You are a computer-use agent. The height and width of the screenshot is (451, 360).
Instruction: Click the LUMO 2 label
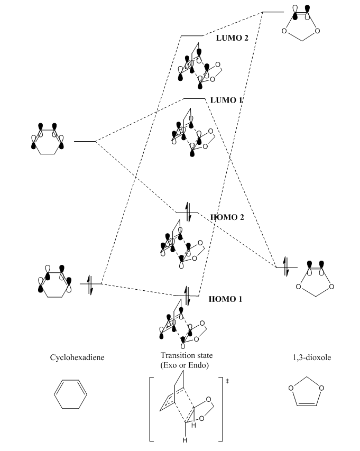(x=232, y=38)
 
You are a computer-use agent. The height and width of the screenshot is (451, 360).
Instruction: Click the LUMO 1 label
(x=226, y=100)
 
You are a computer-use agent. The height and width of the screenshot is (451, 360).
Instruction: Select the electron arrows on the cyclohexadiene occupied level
(x=90, y=284)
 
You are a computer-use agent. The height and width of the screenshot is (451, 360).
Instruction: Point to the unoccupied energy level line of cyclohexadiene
(x=85, y=141)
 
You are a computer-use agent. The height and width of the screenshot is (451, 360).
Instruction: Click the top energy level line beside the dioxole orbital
(x=273, y=12)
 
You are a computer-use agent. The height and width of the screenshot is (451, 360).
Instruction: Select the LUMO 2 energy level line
(x=191, y=36)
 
